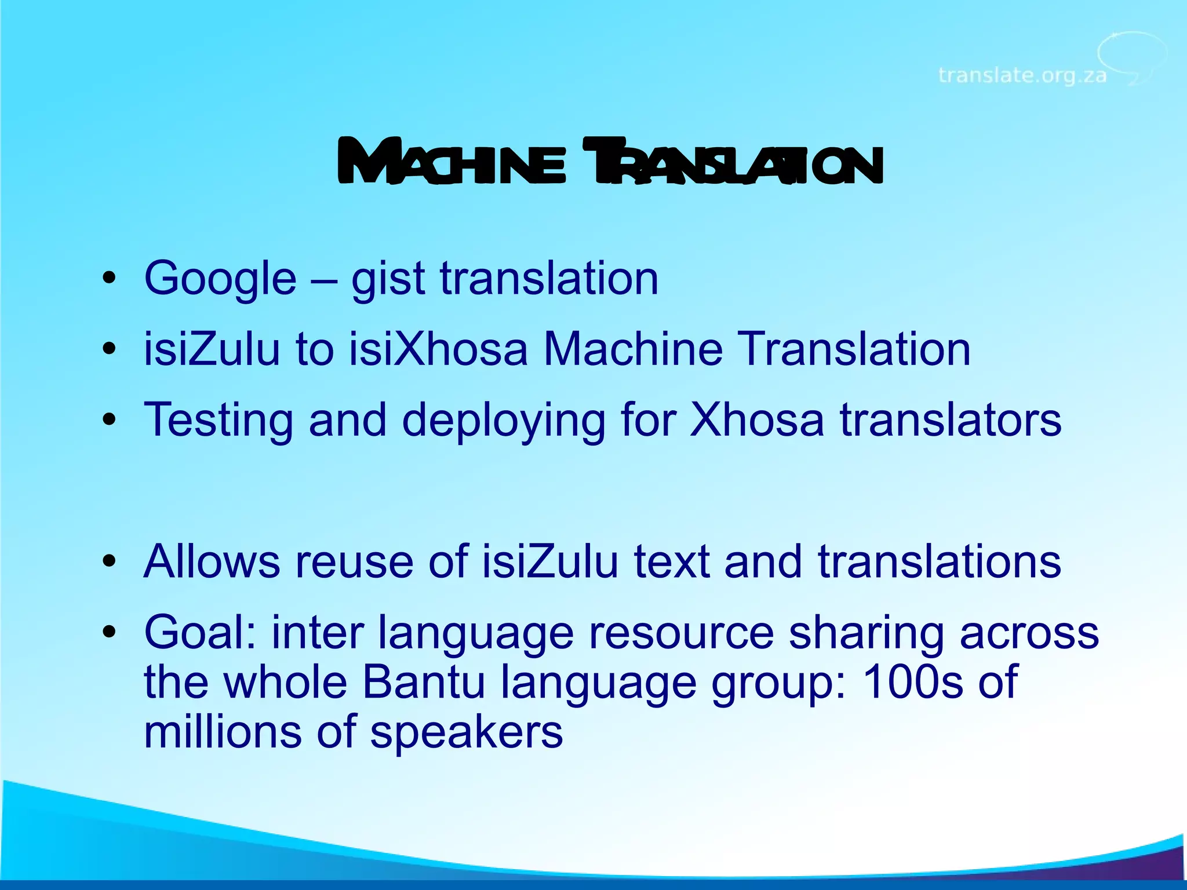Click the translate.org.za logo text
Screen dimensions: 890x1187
pos(1022,75)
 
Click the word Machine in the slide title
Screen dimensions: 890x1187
pos(452,162)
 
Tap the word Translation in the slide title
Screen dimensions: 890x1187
pos(733,162)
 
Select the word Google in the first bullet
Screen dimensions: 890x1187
pos(220,279)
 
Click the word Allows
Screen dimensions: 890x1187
pos(212,561)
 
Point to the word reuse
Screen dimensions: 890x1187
pos(354,561)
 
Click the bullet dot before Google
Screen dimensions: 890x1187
pos(109,279)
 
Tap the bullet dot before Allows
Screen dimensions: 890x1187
pos(109,561)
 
